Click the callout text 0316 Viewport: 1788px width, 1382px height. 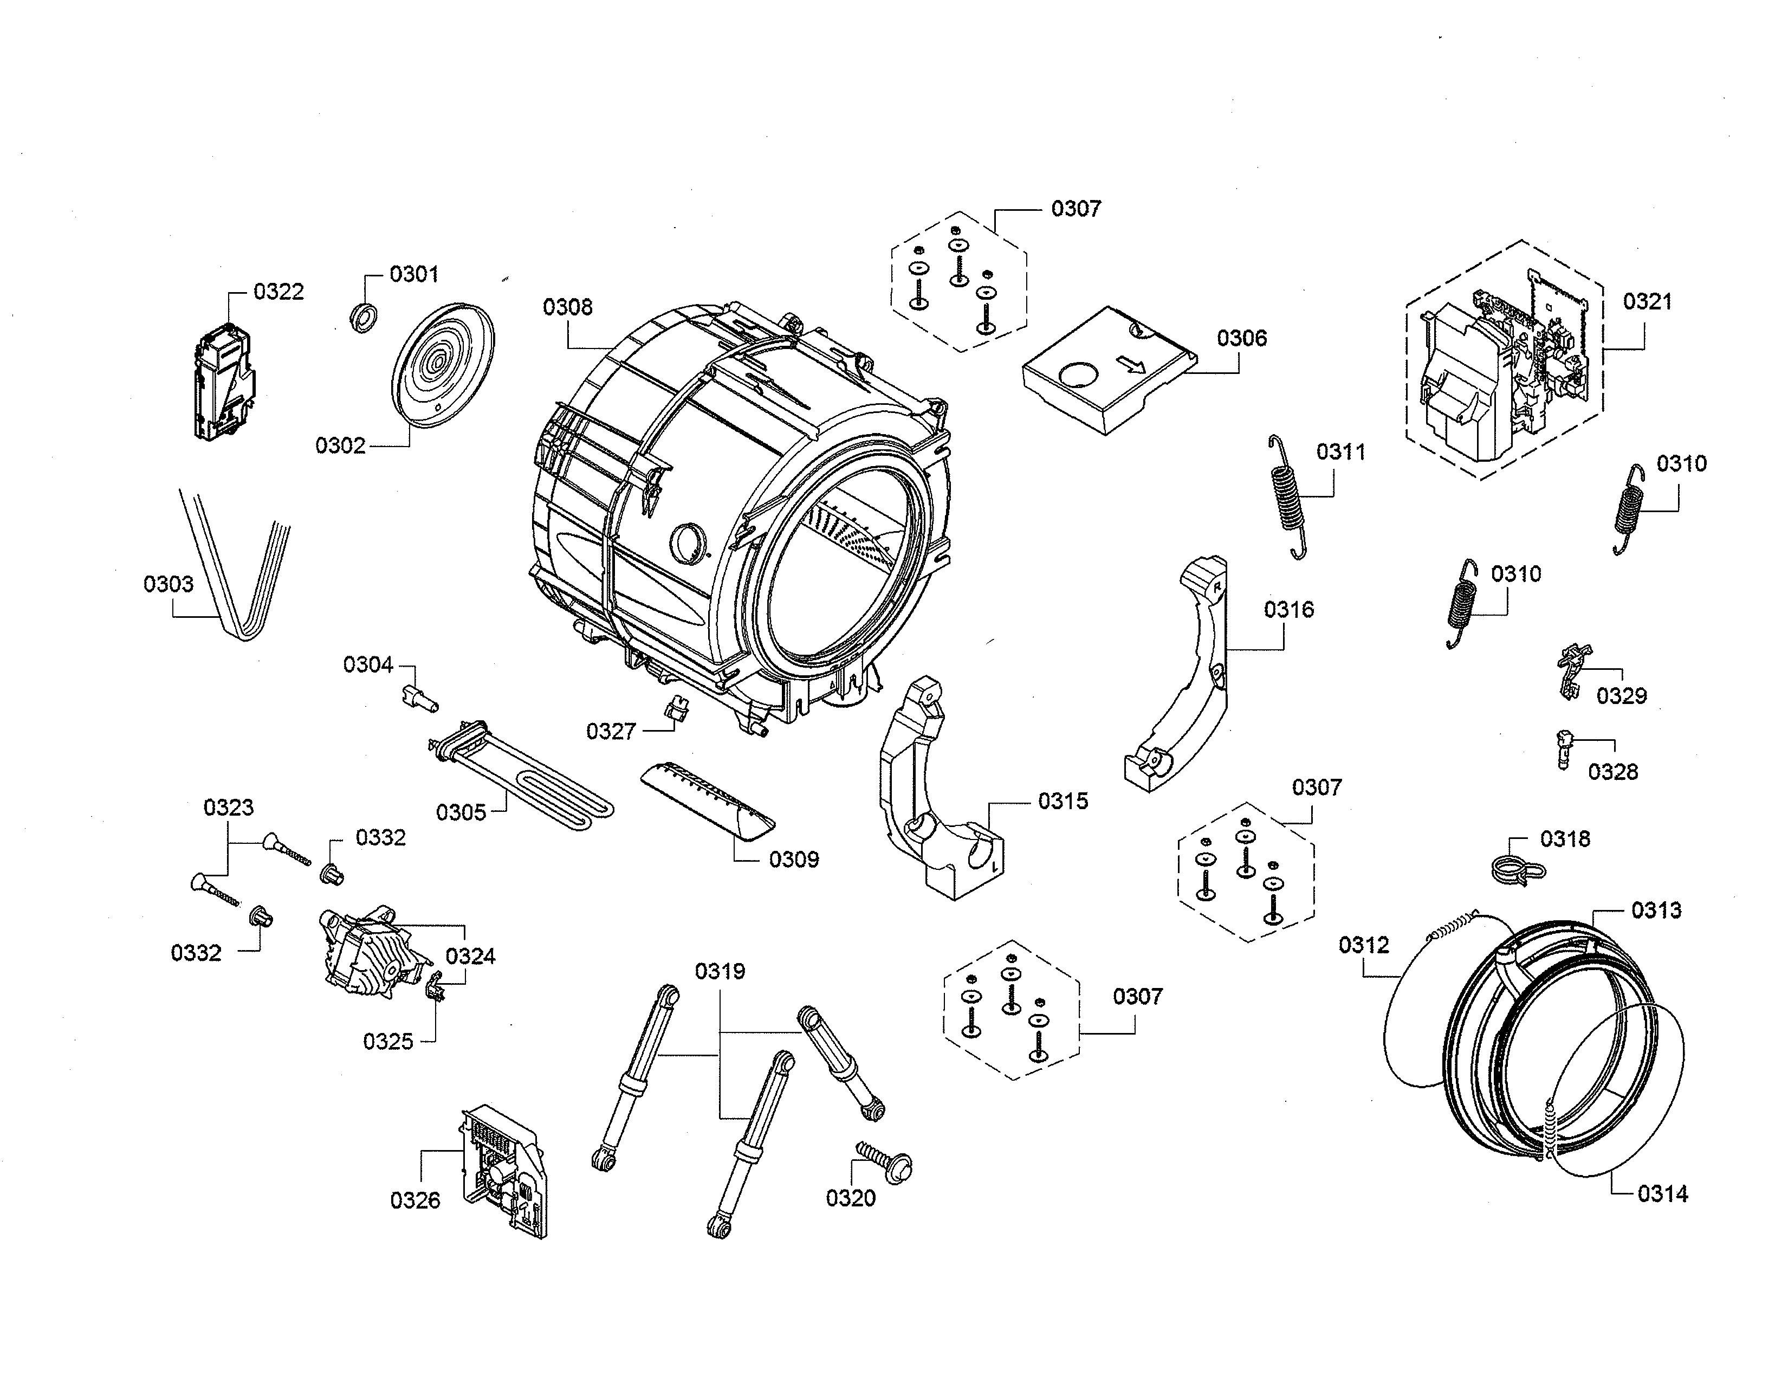pyautogui.click(x=1288, y=609)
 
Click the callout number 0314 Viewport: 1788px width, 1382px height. pyautogui.click(x=1663, y=1194)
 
